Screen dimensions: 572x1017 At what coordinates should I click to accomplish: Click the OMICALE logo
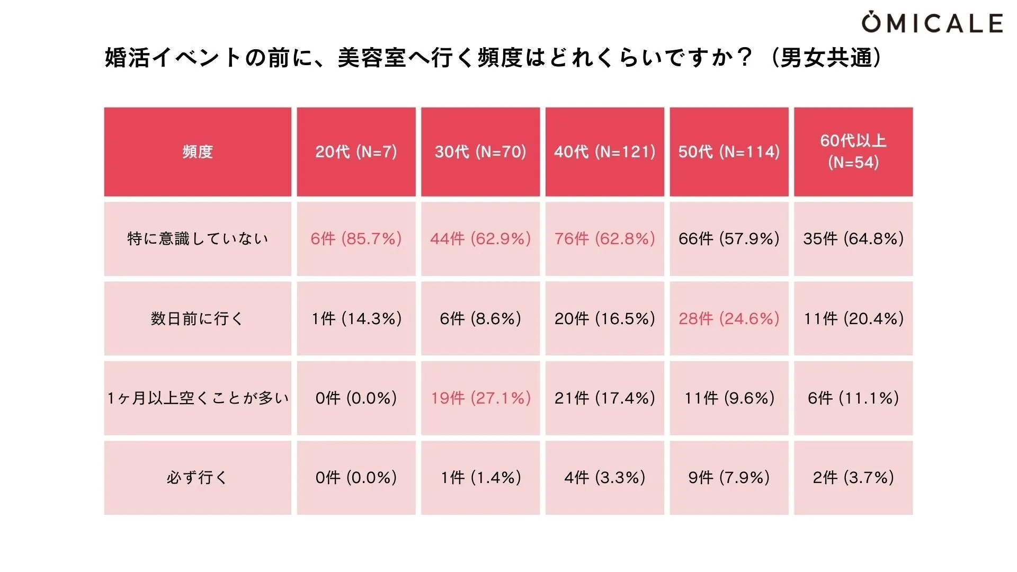(932, 22)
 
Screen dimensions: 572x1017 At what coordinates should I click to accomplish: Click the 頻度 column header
(198, 152)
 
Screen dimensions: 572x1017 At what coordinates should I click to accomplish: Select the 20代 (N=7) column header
(356, 152)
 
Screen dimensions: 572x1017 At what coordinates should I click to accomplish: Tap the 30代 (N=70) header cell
(480, 152)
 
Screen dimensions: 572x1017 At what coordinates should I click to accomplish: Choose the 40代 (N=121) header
(604, 152)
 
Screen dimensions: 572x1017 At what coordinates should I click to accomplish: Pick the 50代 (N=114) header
(729, 152)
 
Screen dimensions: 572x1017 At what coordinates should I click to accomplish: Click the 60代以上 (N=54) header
(853, 151)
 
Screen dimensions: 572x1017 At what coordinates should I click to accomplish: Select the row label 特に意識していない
(198, 239)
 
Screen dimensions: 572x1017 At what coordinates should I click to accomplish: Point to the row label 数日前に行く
(198, 318)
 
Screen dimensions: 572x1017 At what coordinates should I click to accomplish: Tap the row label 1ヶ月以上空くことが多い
(198, 398)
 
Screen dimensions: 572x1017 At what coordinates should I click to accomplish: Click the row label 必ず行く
(198, 477)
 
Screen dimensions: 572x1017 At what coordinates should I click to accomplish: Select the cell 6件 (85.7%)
(356, 239)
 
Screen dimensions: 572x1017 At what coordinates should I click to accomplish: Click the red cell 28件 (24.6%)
(729, 318)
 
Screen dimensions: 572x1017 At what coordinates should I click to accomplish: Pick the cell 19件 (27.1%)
(480, 398)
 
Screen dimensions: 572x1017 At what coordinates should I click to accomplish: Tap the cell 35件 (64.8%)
(853, 239)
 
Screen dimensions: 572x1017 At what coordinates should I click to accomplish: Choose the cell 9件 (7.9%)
(729, 477)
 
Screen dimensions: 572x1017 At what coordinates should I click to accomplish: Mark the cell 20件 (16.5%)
(604, 318)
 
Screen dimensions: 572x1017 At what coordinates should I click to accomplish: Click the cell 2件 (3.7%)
(853, 477)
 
